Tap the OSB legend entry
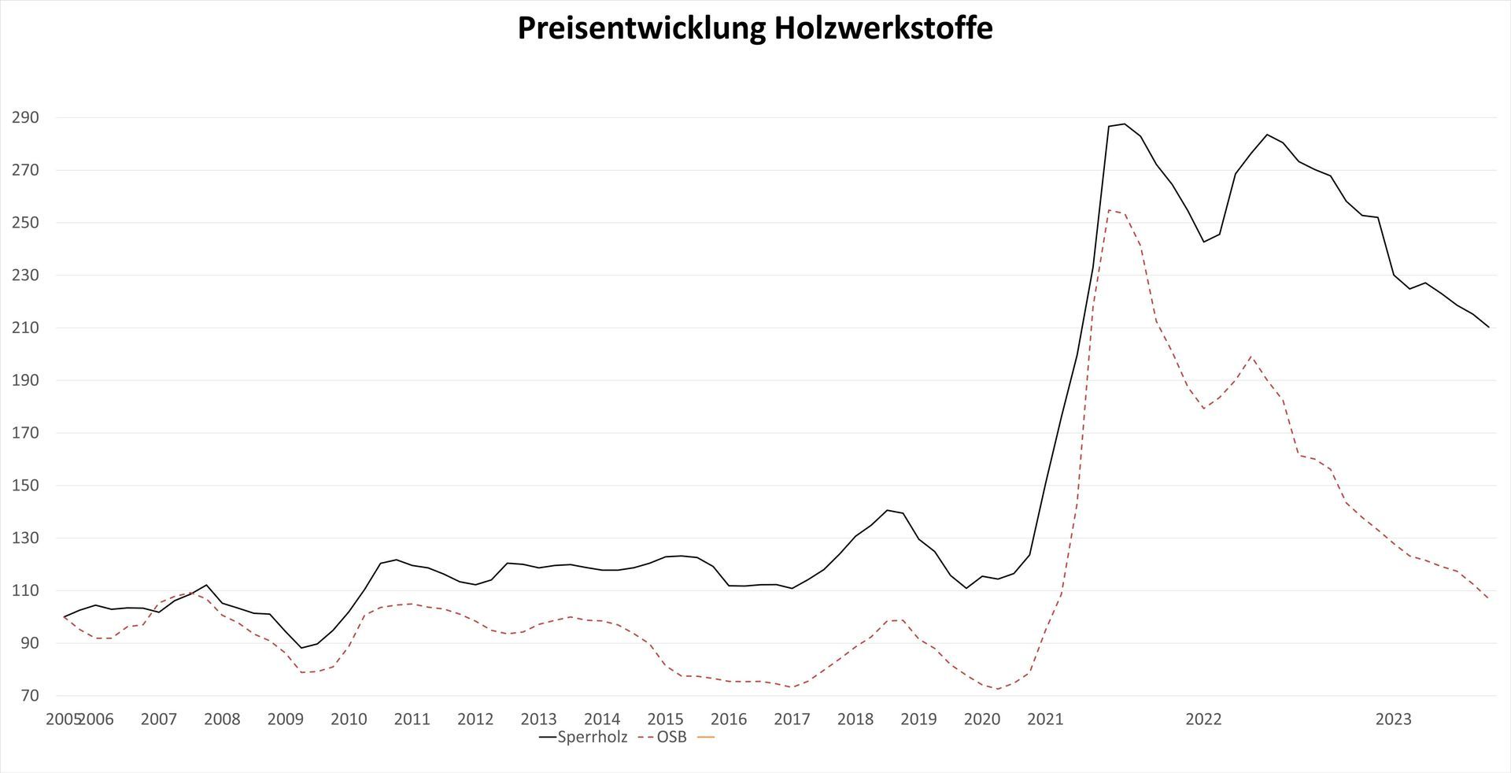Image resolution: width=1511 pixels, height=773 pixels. pos(671,738)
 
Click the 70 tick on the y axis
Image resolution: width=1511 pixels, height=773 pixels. pos(29,696)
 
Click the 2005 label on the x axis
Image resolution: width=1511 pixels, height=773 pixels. pos(62,719)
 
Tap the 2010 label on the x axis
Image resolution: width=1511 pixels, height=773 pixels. pos(349,719)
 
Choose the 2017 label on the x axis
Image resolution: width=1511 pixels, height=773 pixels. pos(792,719)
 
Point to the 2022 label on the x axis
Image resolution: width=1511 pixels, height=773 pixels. pos(1203,719)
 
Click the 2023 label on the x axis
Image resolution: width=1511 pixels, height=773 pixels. pos(1393,719)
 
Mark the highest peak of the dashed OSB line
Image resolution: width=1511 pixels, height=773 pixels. pos(1109,209)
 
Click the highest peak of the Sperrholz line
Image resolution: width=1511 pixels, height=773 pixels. pos(1124,124)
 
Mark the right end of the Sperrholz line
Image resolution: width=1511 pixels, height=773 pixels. pos(1488,327)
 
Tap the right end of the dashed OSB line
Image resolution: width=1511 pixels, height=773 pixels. pos(1488,599)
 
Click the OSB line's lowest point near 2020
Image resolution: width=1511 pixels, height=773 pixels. pos(998,690)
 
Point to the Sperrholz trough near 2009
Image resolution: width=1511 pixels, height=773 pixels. pos(301,648)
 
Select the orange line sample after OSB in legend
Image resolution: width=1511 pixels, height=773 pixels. pos(706,738)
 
